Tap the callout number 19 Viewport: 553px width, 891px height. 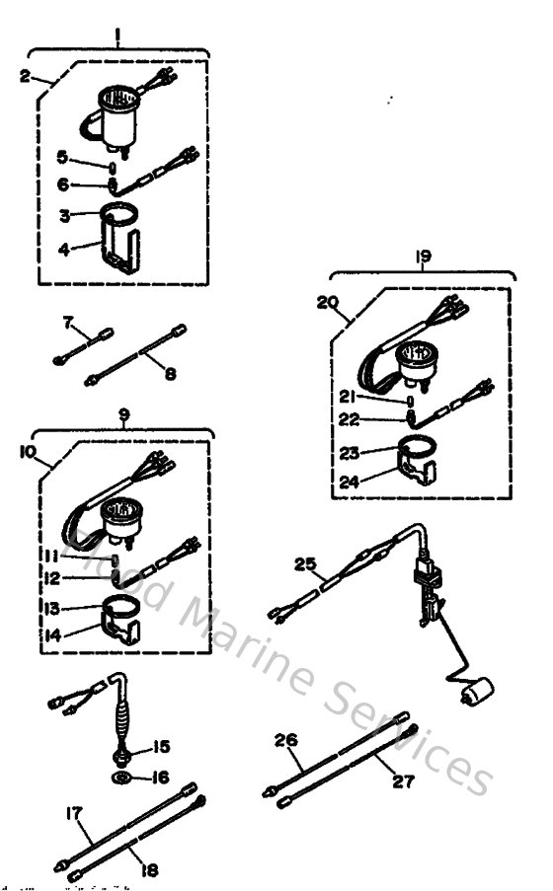pos(423,257)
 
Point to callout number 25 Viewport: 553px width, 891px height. pos(304,564)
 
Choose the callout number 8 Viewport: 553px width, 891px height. pos(171,375)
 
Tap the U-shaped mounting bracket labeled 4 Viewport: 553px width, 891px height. pos(118,249)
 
